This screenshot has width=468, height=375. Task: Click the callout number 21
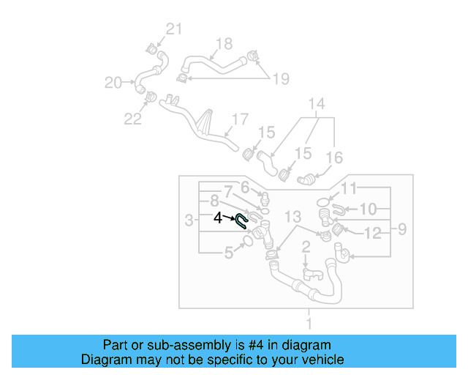(x=173, y=29)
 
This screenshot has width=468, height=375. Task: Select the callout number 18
(x=223, y=44)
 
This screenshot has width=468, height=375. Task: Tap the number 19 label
(x=281, y=78)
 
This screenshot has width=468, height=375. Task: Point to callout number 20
(x=113, y=83)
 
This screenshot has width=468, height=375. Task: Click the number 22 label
(x=132, y=119)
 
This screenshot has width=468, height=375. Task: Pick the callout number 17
(x=240, y=119)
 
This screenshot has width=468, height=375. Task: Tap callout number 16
(x=333, y=157)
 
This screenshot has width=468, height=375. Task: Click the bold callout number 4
(x=218, y=218)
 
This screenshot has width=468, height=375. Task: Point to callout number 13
(x=292, y=216)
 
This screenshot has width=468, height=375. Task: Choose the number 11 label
(x=350, y=189)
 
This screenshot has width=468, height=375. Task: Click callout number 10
(x=368, y=209)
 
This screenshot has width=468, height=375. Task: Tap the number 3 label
(x=189, y=220)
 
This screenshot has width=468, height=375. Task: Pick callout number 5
(x=229, y=253)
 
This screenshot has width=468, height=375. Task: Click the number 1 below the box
(x=309, y=322)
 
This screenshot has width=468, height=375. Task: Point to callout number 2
(x=306, y=248)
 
